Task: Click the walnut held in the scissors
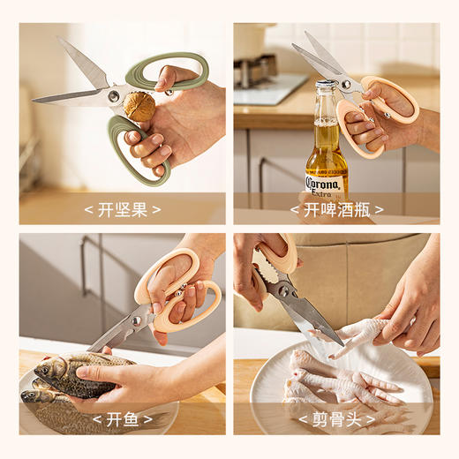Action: point(139,107)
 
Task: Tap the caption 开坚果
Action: point(122,209)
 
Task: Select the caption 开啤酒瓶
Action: point(336,209)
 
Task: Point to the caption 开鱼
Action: point(122,418)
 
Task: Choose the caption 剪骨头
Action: point(336,418)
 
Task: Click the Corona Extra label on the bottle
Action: point(327,184)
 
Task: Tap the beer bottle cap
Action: point(325,86)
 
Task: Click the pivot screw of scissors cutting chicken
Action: point(283,289)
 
